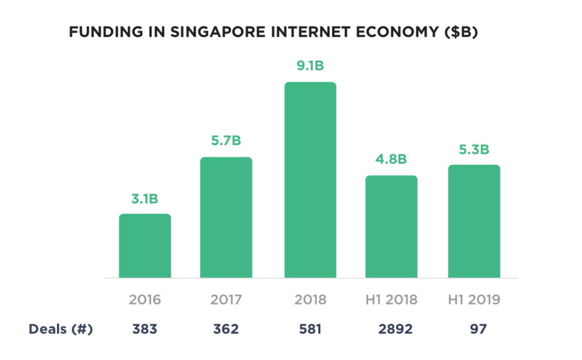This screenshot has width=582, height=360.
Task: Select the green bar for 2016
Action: tap(145, 246)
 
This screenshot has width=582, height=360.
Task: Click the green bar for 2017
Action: tap(226, 217)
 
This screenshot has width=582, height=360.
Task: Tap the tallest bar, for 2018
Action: tap(310, 180)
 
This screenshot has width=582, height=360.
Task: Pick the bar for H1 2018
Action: tap(392, 227)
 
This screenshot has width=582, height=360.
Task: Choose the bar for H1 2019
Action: tap(474, 221)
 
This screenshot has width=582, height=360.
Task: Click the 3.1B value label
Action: tap(145, 199)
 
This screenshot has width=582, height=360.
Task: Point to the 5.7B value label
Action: tap(226, 141)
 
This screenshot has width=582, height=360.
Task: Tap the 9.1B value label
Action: tap(310, 65)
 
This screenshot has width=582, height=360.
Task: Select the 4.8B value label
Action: tap(392, 159)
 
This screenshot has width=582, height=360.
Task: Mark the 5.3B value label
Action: tap(474, 149)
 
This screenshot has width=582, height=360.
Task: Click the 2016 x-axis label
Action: tap(145, 300)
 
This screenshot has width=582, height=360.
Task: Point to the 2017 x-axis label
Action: tap(226, 300)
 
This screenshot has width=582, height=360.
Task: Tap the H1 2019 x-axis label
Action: tap(474, 300)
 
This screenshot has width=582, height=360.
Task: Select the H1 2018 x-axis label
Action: tap(392, 300)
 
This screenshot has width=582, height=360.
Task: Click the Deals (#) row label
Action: tap(61, 329)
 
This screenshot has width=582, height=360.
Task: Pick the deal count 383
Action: tap(145, 329)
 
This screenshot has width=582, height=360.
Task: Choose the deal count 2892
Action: tap(395, 329)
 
